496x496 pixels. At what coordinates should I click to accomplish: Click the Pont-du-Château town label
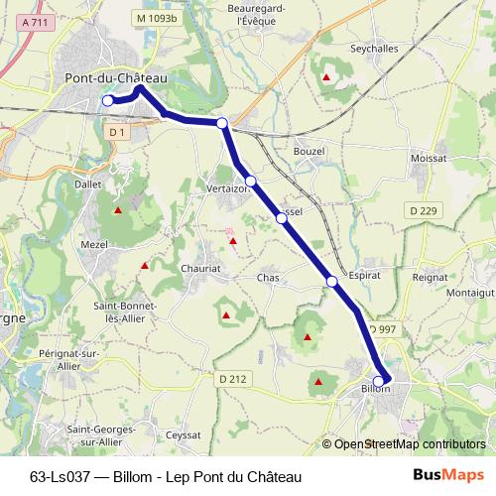(114, 78)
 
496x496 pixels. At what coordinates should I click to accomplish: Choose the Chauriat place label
(202, 268)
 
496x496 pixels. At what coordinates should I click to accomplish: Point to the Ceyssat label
(185, 434)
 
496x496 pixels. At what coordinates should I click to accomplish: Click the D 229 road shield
(423, 209)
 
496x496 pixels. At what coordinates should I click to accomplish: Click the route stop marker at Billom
(378, 381)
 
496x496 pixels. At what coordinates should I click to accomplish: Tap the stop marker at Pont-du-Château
(108, 100)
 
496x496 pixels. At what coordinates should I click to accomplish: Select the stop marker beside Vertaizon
(251, 181)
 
